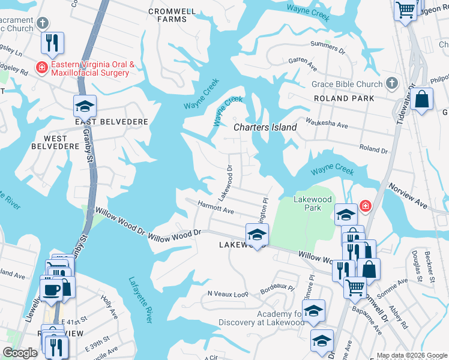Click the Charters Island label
click(x=265, y=127)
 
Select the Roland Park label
click(x=343, y=98)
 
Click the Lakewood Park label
click(x=312, y=203)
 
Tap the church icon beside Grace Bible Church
click(x=392, y=84)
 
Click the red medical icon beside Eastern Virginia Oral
click(x=41, y=68)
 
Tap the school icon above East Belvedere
click(x=85, y=106)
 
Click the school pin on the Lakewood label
click(x=257, y=234)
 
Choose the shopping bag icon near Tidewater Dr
click(x=422, y=100)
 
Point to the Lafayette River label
click(x=140, y=299)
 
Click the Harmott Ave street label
click(x=215, y=207)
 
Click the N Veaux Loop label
click(x=228, y=294)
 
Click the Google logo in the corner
click(x=20, y=353)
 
